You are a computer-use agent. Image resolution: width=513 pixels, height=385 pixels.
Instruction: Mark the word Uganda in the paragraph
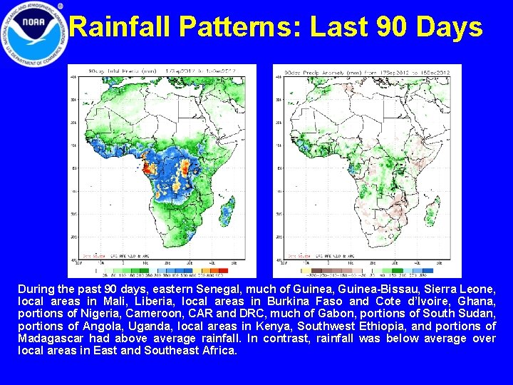(150, 327)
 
